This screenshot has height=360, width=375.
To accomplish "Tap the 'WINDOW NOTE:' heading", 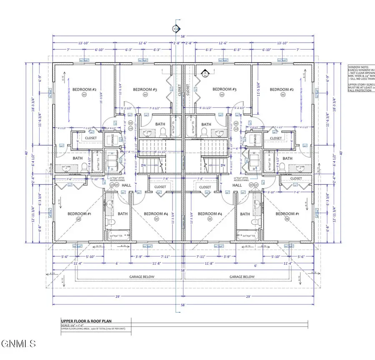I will [357, 66].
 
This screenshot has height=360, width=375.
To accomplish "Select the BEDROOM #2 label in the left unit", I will [84, 89].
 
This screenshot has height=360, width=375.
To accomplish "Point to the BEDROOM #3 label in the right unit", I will [225, 89].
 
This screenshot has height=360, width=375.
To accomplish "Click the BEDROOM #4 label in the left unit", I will [156, 214].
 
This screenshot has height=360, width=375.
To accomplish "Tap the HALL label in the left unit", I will [127, 185].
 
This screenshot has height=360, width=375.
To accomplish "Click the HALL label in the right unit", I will [237, 185].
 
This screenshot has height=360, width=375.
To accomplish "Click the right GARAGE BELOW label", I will [242, 277].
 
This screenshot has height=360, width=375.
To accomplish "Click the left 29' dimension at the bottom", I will [118, 297].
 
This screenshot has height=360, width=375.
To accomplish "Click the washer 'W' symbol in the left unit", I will [112, 153].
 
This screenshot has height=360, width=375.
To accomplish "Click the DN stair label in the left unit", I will [143, 166].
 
